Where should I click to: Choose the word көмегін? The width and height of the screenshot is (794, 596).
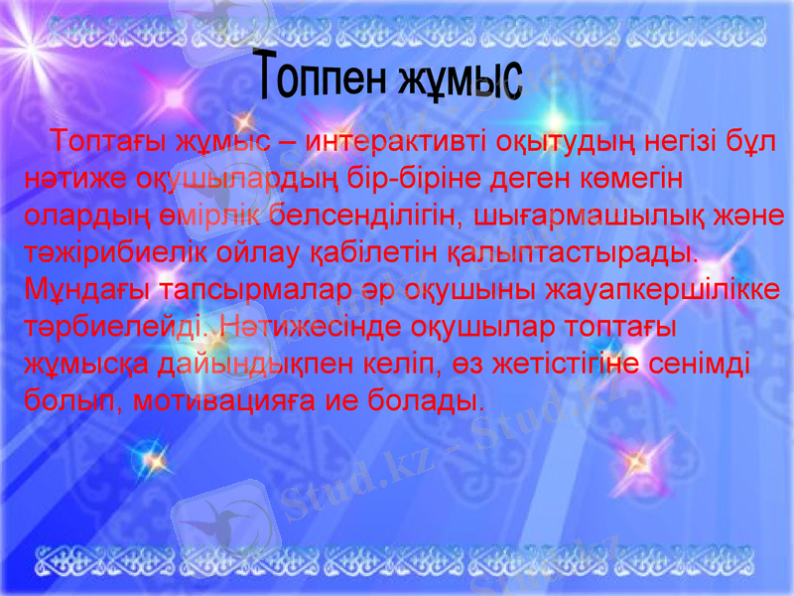(x=622, y=178)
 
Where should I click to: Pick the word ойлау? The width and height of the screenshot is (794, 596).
(x=224, y=252)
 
